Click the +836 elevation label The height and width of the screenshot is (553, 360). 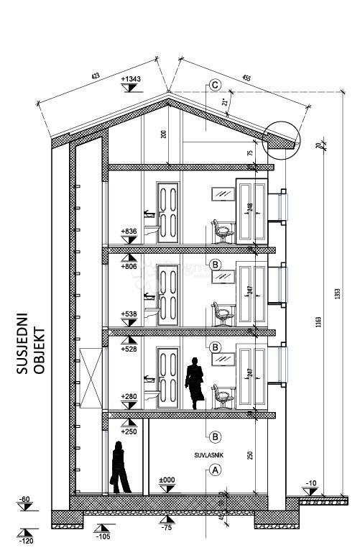click(x=130, y=232)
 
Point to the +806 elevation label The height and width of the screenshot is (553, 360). click(x=130, y=265)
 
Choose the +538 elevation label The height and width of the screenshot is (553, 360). click(x=130, y=314)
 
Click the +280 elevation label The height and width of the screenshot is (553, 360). click(x=130, y=396)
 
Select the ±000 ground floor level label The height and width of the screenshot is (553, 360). click(x=167, y=479)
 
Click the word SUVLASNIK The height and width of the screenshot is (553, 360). click(x=208, y=455)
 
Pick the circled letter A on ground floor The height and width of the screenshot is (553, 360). click(x=214, y=470)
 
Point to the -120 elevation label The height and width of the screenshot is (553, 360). click(x=27, y=540)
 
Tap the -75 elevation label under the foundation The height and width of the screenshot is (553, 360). click(x=167, y=528)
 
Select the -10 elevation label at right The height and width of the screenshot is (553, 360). click(x=310, y=483)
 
